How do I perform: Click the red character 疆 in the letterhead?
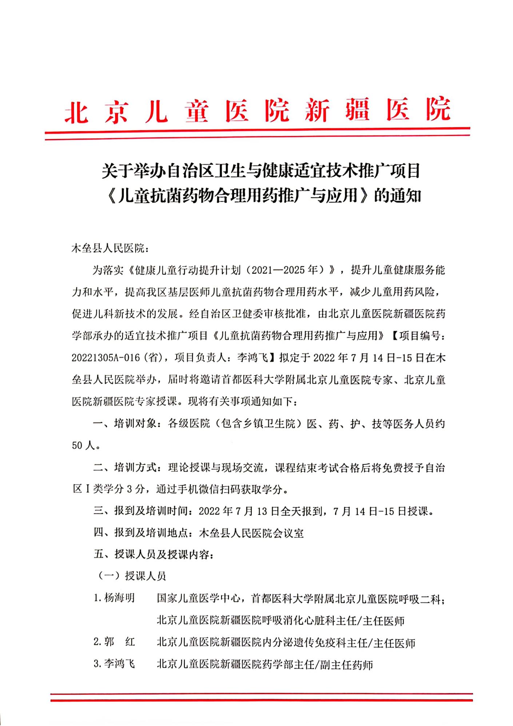coord(357,110)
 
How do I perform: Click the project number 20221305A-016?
coord(106,358)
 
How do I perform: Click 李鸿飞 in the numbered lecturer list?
coord(119,664)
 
